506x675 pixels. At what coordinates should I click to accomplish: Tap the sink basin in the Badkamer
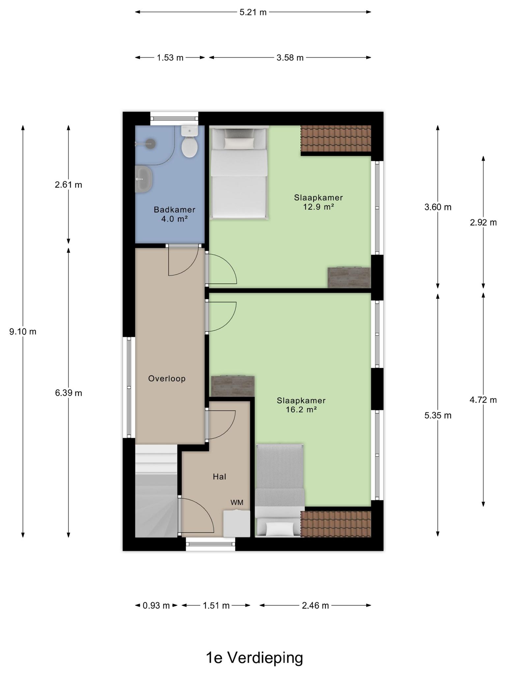pyautogui.click(x=144, y=179)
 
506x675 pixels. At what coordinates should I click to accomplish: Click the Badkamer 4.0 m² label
pyautogui.click(x=175, y=214)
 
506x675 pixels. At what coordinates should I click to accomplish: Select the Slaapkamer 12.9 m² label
pyautogui.click(x=318, y=202)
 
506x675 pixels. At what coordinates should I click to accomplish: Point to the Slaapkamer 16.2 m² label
pyautogui.click(x=301, y=405)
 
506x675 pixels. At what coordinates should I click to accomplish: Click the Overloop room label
pyautogui.click(x=167, y=379)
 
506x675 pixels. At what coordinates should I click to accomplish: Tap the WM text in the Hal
pyautogui.click(x=237, y=502)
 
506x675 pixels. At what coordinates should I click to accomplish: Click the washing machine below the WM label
pyautogui.click(x=237, y=523)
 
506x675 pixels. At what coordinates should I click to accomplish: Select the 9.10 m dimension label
pyautogui.click(x=23, y=332)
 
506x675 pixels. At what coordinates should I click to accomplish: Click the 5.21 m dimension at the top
pyautogui.click(x=253, y=12)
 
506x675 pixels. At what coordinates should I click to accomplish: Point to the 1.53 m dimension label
pyautogui.click(x=170, y=58)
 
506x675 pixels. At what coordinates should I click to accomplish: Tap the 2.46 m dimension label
pyautogui.click(x=315, y=605)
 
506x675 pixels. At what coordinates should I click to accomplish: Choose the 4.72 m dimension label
pyautogui.click(x=483, y=400)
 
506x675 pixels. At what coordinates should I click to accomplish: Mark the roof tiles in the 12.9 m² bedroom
pyautogui.click(x=336, y=138)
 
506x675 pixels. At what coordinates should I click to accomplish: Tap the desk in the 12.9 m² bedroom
pyautogui.click(x=349, y=278)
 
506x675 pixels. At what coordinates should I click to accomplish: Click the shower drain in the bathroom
pyautogui.click(x=151, y=143)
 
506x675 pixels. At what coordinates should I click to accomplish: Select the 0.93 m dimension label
pyautogui.click(x=156, y=605)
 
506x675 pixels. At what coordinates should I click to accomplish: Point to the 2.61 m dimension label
pyautogui.click(x=69, y=185)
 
